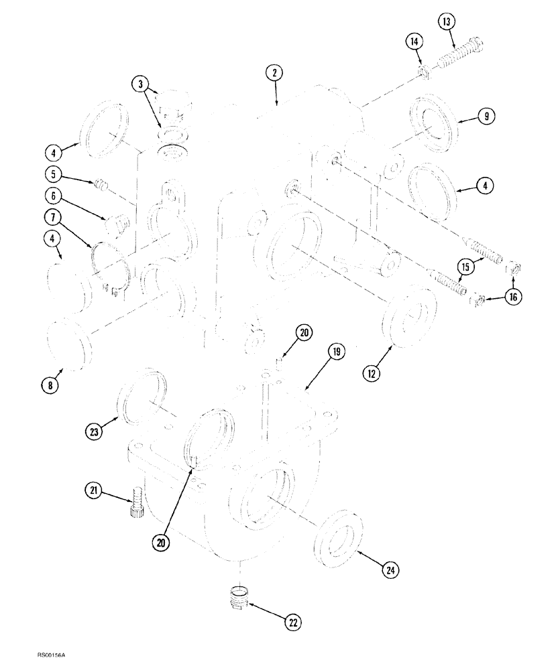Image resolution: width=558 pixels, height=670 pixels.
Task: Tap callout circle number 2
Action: click(274, 74)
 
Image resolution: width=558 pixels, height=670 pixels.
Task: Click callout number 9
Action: click(486, 117)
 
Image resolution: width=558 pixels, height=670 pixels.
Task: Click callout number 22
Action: click(292, 622)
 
